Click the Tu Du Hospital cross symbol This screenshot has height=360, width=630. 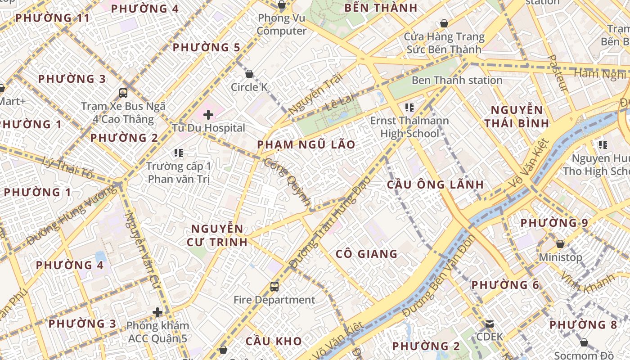point(208,115)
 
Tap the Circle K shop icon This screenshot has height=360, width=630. point(249,74)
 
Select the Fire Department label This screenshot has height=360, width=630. point(274,300)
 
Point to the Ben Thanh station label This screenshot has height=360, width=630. point(457,81)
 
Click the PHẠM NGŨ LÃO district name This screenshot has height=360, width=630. point(306,145)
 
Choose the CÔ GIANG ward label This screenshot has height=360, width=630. point(366,254)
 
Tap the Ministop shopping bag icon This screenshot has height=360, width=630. point(560,244)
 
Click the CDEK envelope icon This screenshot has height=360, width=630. point(490,324)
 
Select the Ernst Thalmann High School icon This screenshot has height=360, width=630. point(409,107)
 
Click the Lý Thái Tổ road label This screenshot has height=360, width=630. point(67,167)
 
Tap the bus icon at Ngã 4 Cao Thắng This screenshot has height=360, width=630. point(123,93)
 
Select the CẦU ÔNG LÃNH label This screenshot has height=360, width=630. point(435,184)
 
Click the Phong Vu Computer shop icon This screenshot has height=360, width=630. point(281,5)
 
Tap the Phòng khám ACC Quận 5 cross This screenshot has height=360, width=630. point(157,312)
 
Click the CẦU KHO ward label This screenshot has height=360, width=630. point(274,341)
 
